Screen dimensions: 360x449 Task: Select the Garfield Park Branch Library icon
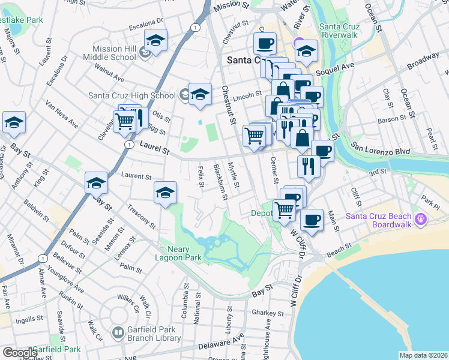pyautogui.click(x=118, y=332)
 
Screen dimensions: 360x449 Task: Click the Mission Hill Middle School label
pyautogui.click(x=114, y=53)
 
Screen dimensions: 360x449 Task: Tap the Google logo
pyautogui.click(x=20, y=353)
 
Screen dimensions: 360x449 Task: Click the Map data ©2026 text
pyautogui.click(x=423, y=355)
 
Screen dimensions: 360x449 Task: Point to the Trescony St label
pyautogui.click(x=142, y=217)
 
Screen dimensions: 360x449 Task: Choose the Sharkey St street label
pyautogui.click(x=268, y=313)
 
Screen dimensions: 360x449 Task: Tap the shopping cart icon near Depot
pyautogui.click(x=283, y=210)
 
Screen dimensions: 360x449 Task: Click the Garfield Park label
pyautogui.click(x=56, y=349)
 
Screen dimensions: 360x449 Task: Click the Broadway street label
pyautogui.click(x=423, y=61)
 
